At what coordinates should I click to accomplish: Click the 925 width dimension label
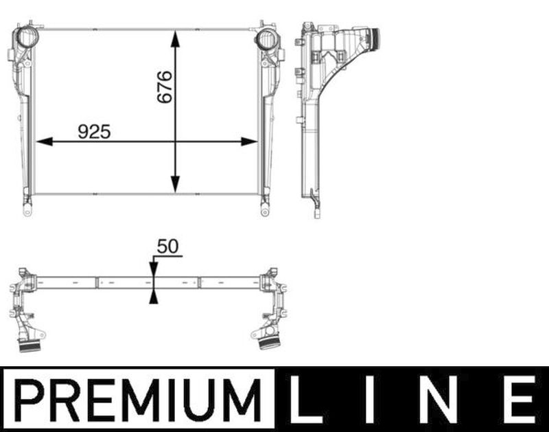pyautogui.click(x=94, y=132)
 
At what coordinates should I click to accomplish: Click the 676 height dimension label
pyautogui.click(x=165, y=87)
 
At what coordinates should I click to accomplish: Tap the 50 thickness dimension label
pyautogui.click(x=167, y=247)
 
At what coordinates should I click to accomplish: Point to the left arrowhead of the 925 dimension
pyautogui.click(x=44, y=141)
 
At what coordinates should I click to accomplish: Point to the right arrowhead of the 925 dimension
pyautogui.click(x=249, y=141)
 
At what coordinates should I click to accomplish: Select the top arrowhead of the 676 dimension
pyautogui.click(x=175, y=39)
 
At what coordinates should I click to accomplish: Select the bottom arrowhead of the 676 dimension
pyautogui.click(x=175, y=184)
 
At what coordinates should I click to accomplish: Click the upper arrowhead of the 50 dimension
pyautogui.click(x=153, y=270)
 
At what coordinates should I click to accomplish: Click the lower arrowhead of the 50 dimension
pyautogui.click(x=153, y=297)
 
